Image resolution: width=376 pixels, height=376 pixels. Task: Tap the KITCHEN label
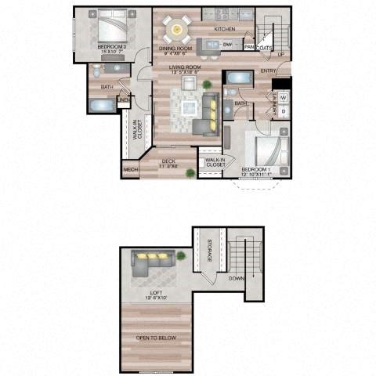point(225,29)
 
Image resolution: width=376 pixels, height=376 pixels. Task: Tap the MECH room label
point(130,171)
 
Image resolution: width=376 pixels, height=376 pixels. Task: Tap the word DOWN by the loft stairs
point(236,277)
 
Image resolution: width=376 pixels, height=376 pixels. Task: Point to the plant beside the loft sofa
point(182,255)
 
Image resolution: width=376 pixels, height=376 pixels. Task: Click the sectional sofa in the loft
point(154,262)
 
